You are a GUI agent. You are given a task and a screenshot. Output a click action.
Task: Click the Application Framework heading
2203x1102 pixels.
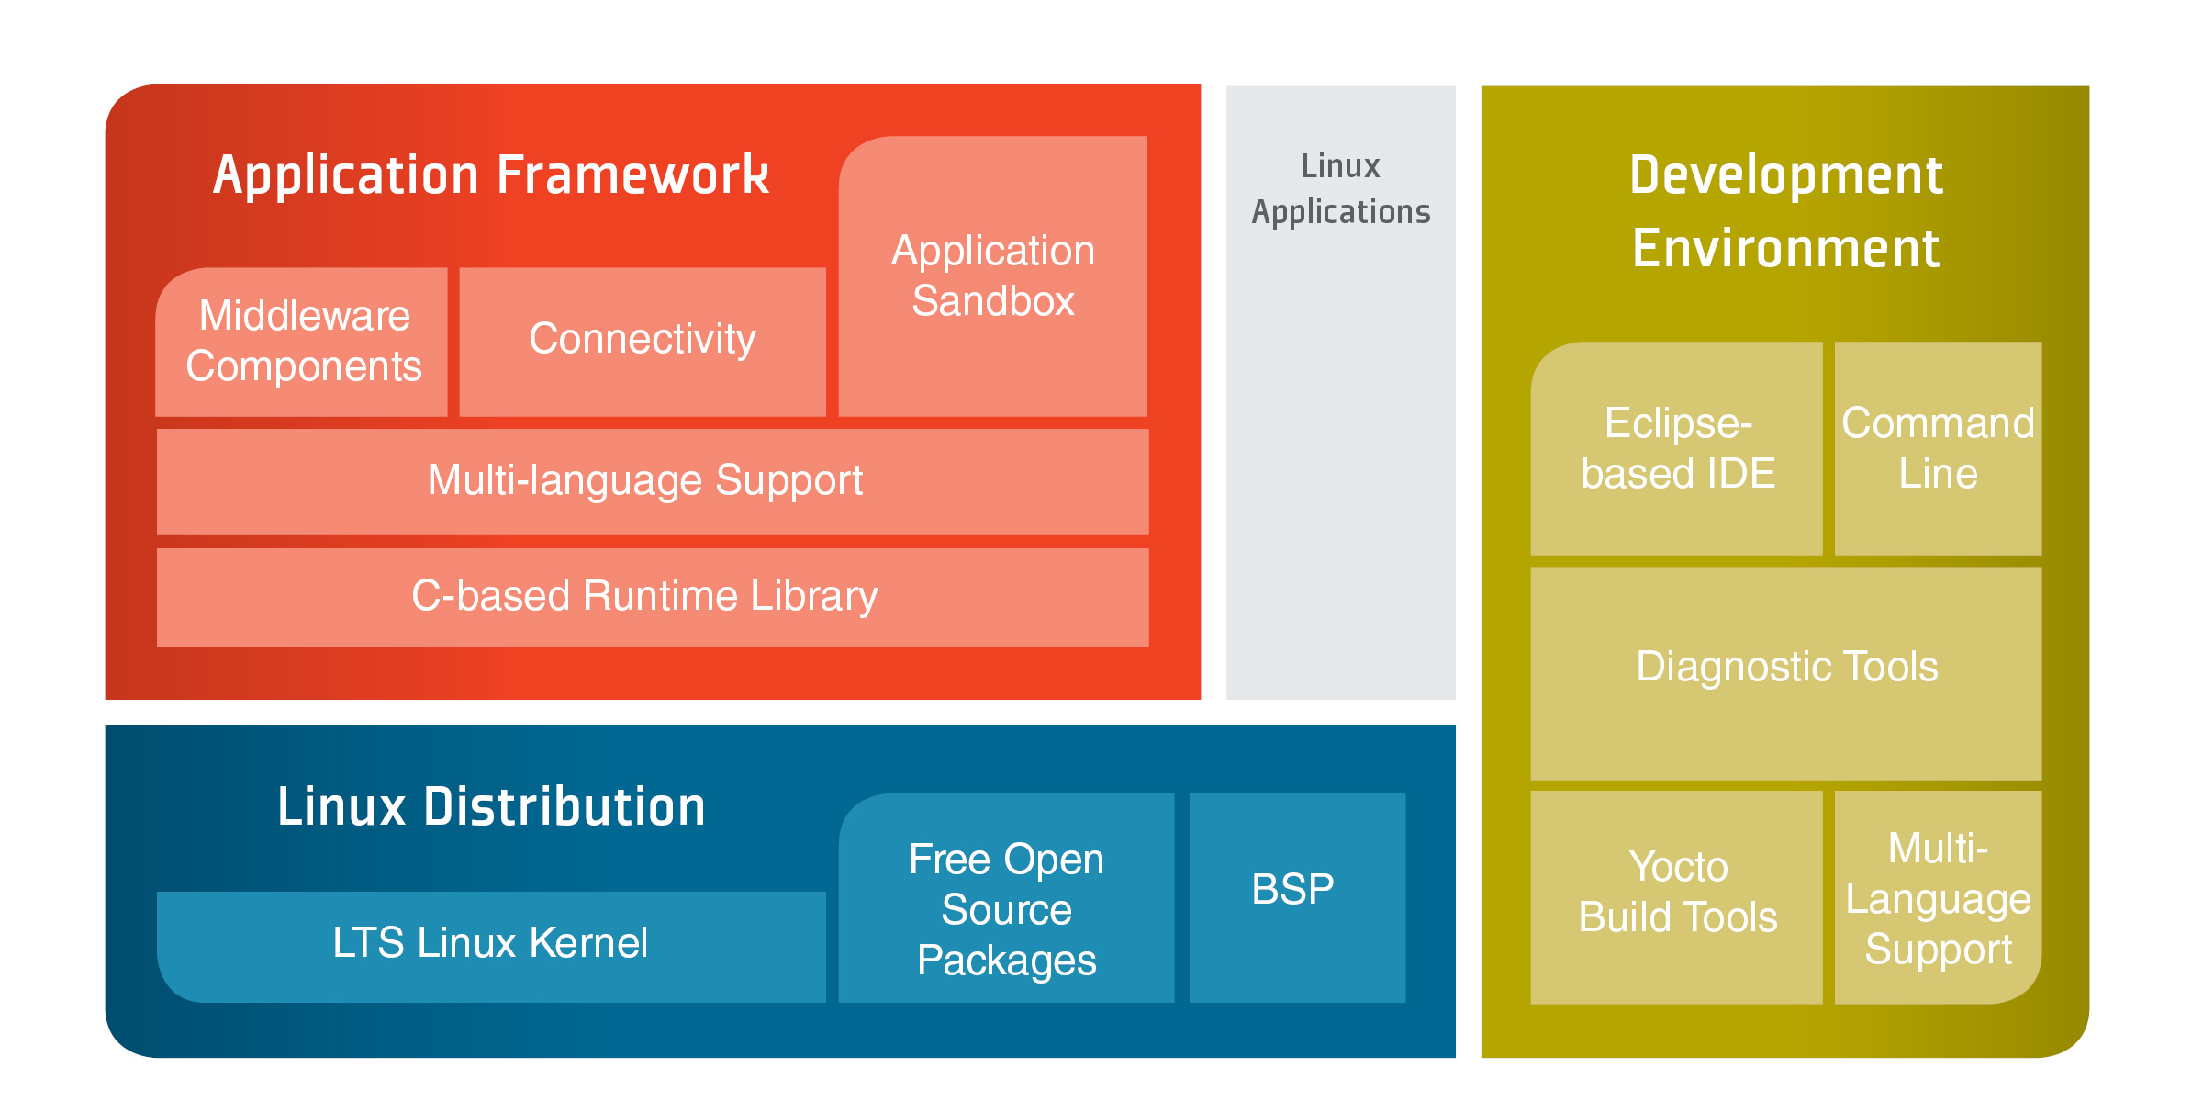click(x=491, y=174)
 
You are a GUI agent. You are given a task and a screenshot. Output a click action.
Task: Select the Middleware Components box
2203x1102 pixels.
click(x=302, y=342)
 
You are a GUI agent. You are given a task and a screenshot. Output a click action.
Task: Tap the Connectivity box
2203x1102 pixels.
click(x=643, y=342)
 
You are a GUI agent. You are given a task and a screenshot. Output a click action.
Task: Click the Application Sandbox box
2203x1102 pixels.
click(x=993, y=276)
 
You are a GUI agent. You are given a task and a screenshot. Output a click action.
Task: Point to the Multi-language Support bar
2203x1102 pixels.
click(x=653, y=482)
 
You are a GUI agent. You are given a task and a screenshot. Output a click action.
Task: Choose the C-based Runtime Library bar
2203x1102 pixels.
click(x=653, y=597)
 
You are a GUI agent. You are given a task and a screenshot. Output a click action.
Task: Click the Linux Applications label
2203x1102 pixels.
click(x=1341, y=189)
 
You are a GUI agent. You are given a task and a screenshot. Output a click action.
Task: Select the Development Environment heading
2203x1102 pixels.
click(x=1786, y=211)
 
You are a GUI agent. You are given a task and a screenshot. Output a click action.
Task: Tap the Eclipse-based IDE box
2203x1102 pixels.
click(x=1677, y=448)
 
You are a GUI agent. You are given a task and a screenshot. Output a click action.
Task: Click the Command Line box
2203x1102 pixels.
click(x=1939, y=448)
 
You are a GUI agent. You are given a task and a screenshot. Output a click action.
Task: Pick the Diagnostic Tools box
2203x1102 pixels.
click(x=1786, y=673)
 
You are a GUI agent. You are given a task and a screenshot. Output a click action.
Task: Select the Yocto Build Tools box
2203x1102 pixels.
click(x=1677, y=897)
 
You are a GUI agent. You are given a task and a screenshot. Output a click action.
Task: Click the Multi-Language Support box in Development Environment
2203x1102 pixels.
click(x=1939, y=897)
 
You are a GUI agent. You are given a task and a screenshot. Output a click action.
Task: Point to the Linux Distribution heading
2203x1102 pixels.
click(x=491, y=806)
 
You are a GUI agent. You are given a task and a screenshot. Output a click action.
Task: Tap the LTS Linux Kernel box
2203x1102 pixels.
click(x=491, y=947)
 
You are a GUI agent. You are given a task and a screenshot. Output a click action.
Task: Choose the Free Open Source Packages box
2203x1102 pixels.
click(x=1007, y=897)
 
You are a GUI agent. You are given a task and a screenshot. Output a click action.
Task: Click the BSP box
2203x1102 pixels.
click(x=1298, y=897)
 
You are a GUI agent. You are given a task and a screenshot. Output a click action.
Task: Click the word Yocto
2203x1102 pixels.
click(x=1678, y=866)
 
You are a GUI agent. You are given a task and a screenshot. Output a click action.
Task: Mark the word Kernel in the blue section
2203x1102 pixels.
click(x=588, y=942)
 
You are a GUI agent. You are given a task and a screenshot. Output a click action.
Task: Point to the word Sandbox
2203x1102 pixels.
click(x=993, y=301)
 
